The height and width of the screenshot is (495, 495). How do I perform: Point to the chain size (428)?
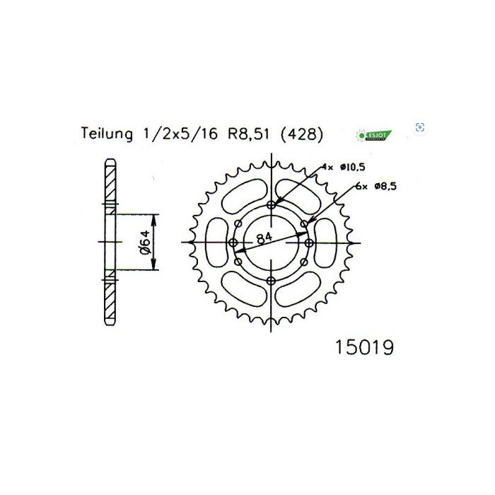coord(301,134)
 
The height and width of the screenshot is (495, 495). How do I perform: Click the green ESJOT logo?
coord(373,134)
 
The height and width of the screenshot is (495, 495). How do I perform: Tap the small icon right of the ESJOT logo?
coord(420,127)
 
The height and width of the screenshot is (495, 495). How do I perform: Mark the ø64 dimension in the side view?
coord(144,242)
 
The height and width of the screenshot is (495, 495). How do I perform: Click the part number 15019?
coord(361,349)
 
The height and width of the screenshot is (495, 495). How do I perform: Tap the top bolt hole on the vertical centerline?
coord(271,204)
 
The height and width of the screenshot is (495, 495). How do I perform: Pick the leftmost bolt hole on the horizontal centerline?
coord(233,243)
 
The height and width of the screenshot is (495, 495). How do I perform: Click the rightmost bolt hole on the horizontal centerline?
coord(309,243)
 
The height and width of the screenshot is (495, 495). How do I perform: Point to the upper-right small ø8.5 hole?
coord(304,223)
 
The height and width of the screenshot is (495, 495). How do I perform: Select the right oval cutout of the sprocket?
coord(327,243)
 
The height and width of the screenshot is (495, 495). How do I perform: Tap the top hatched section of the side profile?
coord(109,184)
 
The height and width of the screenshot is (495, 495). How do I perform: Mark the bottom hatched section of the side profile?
coord(109,300)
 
